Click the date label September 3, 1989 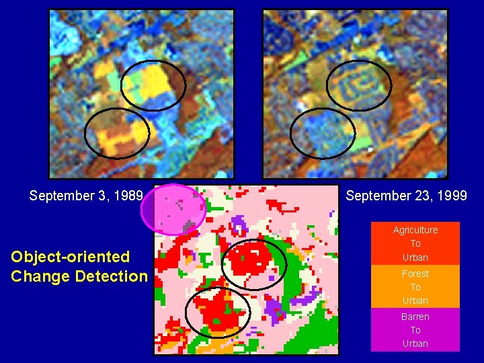pos(86,196)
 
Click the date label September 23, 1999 pos(406,196)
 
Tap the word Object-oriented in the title pos(71,257)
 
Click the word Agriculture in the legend pos(415,230)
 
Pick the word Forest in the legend pos(415,274)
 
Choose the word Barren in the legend pos(415,317)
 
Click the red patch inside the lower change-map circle pos(216,312)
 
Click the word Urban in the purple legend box pos(415,344)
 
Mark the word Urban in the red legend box pos(415,257)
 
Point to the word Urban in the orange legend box pos(415,300)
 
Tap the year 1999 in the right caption pos(453,196)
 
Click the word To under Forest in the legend pos(415,287)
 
